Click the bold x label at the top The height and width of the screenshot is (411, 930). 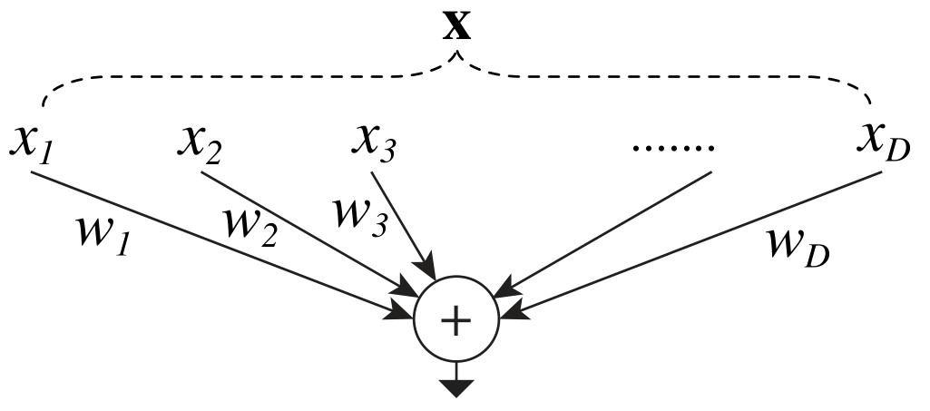456,27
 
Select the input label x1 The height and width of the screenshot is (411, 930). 32,144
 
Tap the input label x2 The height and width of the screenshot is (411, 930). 201,144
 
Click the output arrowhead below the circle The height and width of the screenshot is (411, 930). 455,389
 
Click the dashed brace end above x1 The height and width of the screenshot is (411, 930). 39,106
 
